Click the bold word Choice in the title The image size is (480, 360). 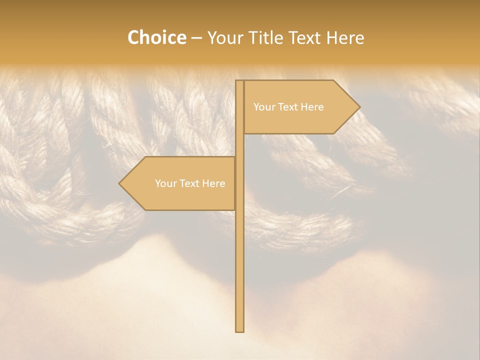pyautogui.click(x=156, y=38)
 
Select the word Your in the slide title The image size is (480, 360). pyautogui.click(x=224, y=38)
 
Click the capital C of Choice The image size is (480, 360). pyautogui.click(x=134, y=38)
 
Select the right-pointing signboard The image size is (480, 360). pyautogui.click(x=295, y=107)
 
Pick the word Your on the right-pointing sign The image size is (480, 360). pyautogui.click(x=263, y=107)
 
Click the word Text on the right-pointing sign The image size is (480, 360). pyautogui.click(x=288, y=107)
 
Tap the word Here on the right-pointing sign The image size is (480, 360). pyautogui.click(x=312, y=107)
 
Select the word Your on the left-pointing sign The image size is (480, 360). pyautogui.click(x=165, y=183)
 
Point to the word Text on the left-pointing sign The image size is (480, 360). pyautogui.click(x=190, y=183)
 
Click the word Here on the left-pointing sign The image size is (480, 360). pyautogui.click(x=214, y=183)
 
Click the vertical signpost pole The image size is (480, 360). pyautogui.click(x=240, y=250)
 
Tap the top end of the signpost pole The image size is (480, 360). pyautogui.click(x=240, y=82)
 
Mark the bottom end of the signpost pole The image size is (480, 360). pyautogui.click(x=240, y=330)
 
